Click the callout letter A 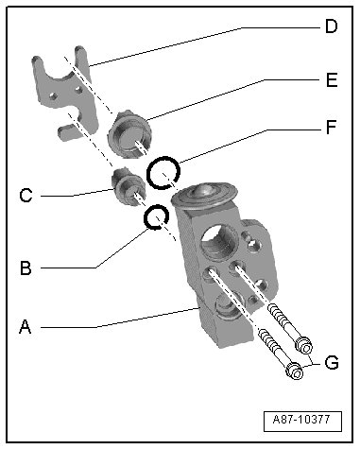click(x=26, y=326)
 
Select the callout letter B click(x=26, y=268)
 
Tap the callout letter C click(x=26, y=196)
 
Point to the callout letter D click(x=332, y=26)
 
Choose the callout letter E click(x=332, y=79)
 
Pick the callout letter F click(x=332, y=127)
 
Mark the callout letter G click(x=332, y=362)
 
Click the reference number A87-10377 click(x=301, y=420)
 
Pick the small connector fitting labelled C click(x=129, y=187)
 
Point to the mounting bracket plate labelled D click(x=64, y=93)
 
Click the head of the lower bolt click(x=295, y=371)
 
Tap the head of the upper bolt click(x=303, y=345)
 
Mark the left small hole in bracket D click(x=53, y=95)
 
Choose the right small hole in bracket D click(x=78, y=90)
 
